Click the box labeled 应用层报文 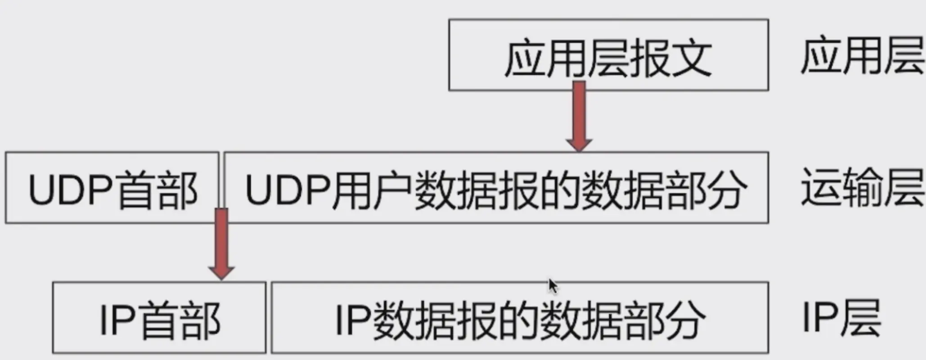(x=608, y=55)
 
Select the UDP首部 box (x=112, y=188)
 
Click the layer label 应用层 (x=862, y=56)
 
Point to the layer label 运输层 (x=862, y=187)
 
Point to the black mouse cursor (x=553, y=286)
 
